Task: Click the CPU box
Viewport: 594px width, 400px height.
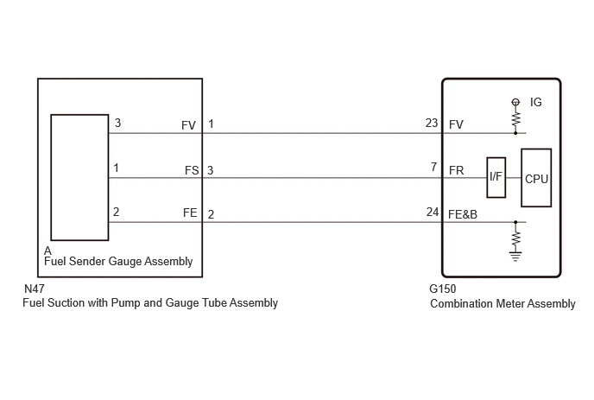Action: click(x=536, y=178)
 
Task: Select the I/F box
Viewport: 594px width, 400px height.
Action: click(x=496, y=177)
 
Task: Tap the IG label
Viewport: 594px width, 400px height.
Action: click(x=536, y=102)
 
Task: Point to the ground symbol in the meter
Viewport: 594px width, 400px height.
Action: click(x=515, y=257)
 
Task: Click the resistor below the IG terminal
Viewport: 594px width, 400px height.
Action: click(x=515, y=119)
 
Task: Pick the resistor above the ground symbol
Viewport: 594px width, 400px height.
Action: click(x=515, y=238)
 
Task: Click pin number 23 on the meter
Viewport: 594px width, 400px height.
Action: click(x=432, y=123)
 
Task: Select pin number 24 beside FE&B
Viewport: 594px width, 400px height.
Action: click(x=433, y=212)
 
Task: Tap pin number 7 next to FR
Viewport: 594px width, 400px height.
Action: click(x=433, y=167)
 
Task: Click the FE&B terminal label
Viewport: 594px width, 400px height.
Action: click(x=463, y=214)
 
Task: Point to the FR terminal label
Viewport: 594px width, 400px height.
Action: click(x=456, y=170)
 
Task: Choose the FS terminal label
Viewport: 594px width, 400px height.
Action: click(x=192, y=170)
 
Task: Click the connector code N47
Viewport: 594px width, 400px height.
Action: click(x=35, y=289)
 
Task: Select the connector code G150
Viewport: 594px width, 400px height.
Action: click(x=442, y=289)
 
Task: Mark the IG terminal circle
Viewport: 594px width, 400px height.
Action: click(x=515, y=102)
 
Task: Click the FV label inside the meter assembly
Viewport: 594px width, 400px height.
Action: click(x=456, y=124)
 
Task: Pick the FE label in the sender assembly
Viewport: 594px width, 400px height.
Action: click(x=190, y=213)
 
